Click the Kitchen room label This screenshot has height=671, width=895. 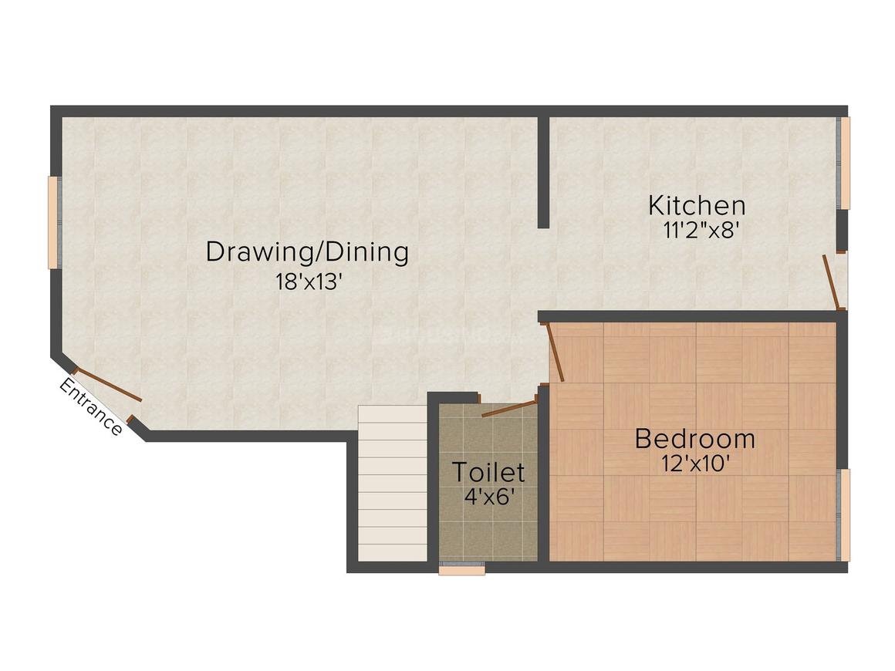click(696, 206)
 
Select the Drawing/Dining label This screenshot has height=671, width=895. click(307, 252)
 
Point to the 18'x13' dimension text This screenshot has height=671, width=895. click(309, 282)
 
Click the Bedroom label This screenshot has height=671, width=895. click(694, 439)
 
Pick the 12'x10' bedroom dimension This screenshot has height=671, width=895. click(695, 464)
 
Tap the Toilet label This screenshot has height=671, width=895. click(488, 471)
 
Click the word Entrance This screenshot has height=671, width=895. click(91, 407)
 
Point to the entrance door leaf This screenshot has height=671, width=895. click(108, 386)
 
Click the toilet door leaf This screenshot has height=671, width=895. click(509, 409)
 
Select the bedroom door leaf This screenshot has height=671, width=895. click(556, 352)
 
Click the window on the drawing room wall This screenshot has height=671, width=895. click(54, 223)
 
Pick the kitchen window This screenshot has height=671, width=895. click(845, 163)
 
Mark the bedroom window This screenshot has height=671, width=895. click(845, 514)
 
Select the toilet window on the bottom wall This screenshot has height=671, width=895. click(461, 570)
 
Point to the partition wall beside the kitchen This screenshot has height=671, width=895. click(543, 171)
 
